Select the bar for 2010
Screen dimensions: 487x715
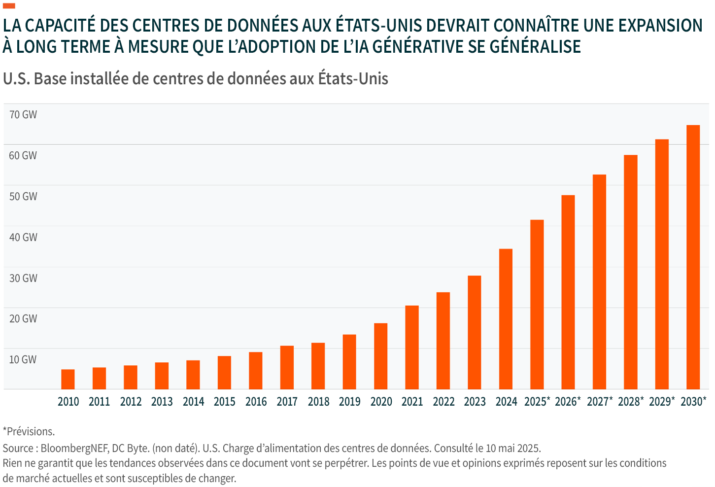(68, 379)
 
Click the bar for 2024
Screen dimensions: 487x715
(506, 319)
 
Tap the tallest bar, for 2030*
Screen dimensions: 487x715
(693, 257)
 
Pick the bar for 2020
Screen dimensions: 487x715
(380, 356)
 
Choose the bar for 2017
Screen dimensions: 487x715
(287, 367)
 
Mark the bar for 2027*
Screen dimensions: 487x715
(599, 281)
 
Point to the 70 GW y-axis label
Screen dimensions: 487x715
(23, 115)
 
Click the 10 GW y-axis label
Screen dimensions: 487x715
(23, 359)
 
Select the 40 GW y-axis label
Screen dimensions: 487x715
(23, 237)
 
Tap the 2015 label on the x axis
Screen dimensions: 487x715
(225, 402)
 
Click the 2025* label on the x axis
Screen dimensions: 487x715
(537, 402)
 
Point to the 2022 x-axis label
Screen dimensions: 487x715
(443, 402)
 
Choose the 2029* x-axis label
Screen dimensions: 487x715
(662, 402)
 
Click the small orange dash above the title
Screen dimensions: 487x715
(9, 6)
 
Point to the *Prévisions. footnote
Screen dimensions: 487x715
(29, 432)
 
